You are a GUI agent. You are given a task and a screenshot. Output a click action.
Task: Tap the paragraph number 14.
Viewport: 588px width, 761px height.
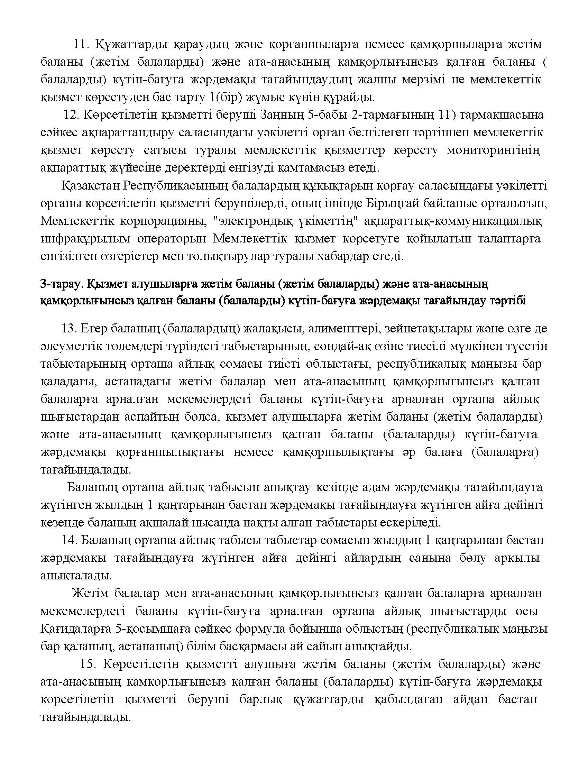pyautogui.click(x=69, y=540)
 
